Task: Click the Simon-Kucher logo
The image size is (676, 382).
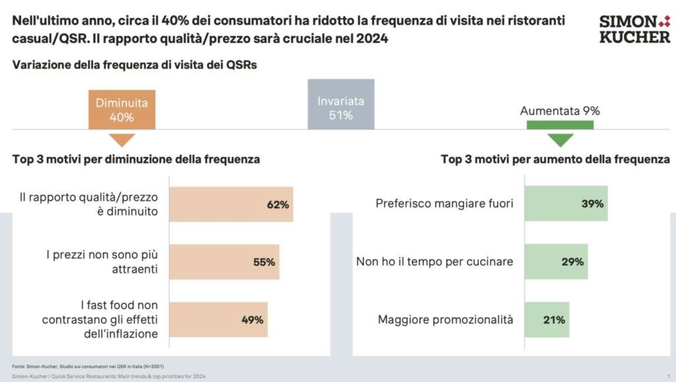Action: pos(634,29)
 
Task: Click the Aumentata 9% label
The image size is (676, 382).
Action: pos(560,111)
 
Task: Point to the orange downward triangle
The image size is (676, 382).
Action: pos(121,139)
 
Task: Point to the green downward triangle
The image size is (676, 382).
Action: pos(560,139)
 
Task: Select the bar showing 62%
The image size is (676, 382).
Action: pos(231,204)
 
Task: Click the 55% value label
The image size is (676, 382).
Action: pos(263,262)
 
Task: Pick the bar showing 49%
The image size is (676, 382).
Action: pos(219,320)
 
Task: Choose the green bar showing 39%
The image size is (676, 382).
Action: pos(566,204)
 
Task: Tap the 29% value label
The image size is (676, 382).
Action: pos(572,262)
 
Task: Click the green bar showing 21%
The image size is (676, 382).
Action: pos(547,320)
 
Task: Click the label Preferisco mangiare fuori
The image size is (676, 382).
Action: pos(444,204)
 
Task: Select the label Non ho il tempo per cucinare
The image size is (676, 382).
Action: pos(434,262)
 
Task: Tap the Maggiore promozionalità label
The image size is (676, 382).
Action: pos(445,320)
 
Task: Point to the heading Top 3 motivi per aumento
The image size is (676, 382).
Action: pos(555,159)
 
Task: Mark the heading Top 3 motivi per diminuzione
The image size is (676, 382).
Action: pos(136,159)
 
